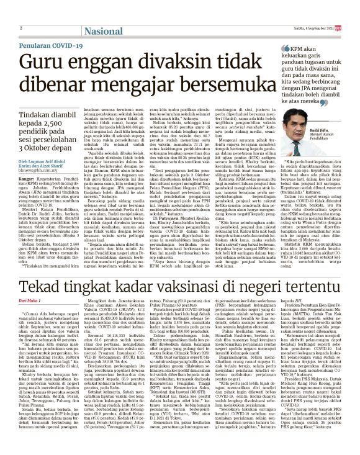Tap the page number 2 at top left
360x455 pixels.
[x=21, y=29]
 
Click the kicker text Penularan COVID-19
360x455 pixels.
[x=49, y=45]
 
